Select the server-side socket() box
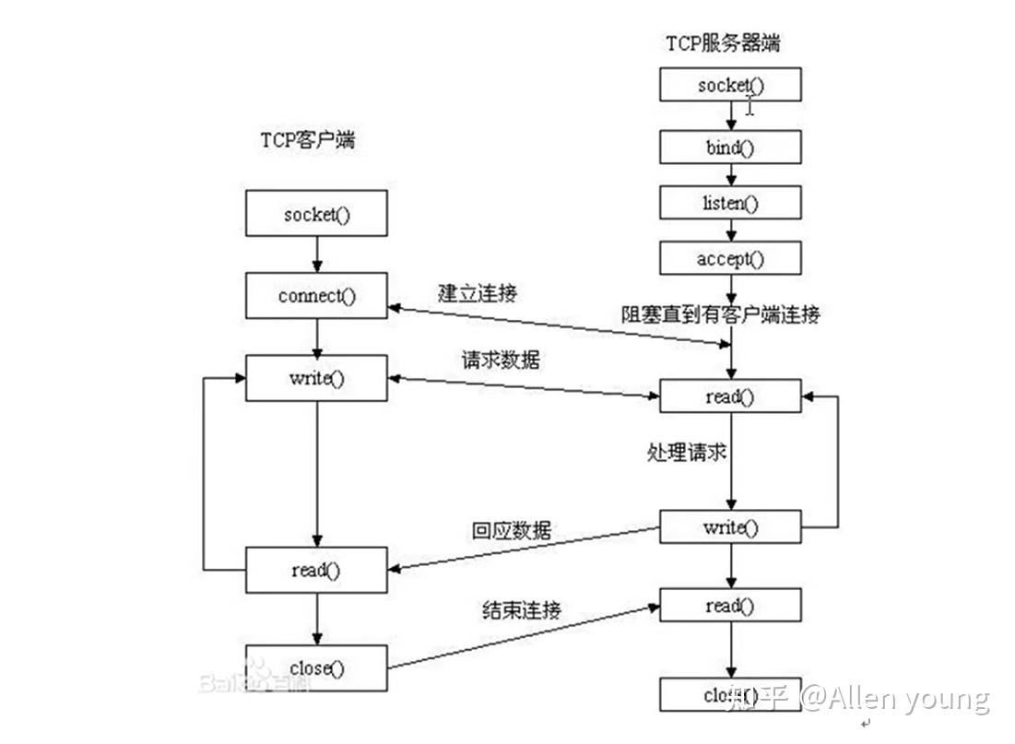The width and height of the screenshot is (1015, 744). point(730,85)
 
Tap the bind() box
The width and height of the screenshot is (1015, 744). point(730,147)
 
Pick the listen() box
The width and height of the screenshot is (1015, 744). point(730,202)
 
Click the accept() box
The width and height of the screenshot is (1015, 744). point(730,259)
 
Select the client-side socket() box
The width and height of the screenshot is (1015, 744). point(316,215)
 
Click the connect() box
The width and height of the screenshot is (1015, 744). point(316,296)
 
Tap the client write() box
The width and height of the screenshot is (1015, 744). point(316,378)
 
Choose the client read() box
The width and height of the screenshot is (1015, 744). point(316,570)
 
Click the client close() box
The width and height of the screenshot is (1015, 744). point(316,667)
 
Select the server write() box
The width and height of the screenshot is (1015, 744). point(730,527)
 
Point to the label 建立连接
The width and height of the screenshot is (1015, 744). point(478,293)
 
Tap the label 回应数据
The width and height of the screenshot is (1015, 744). point(512,530)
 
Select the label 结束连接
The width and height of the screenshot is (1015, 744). point(521,609)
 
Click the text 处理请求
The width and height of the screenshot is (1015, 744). point(686,453)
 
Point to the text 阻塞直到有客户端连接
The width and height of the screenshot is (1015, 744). point(720,315)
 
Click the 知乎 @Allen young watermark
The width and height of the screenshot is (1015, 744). point(857,698)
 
